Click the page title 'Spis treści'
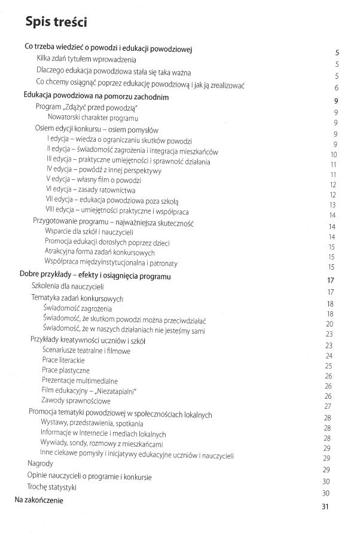[56, 22]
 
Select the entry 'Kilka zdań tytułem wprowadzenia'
[87, 59]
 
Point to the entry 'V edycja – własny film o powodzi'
[93, 180]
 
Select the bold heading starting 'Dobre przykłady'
[95, 276]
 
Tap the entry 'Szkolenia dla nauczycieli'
[67, 287]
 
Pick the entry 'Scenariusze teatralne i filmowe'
[86, 351]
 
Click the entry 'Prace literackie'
[63, 361]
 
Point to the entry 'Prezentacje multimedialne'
[80, 381]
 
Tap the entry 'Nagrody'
[40, 463]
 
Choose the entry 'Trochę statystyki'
[51, 487]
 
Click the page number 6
[337, 87]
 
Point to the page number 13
[332, 205]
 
